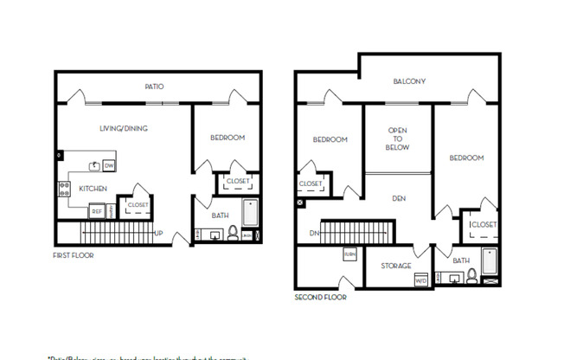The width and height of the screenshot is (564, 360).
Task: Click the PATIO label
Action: pyautogui.click(x=154, y=87)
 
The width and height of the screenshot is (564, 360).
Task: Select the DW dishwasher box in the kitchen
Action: pyautogui.click(x=109, y=165)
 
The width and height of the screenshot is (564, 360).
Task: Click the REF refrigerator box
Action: pyautogui.click(x=97, y=211)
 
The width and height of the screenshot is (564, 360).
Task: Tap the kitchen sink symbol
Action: pyautogui.click(x=93, y=164)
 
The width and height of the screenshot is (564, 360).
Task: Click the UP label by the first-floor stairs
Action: pyautogui.click(x=158, y=233)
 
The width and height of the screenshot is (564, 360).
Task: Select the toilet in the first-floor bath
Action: pyautogui.click(x=233, y=233)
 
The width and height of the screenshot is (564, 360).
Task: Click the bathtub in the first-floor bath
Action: pyautogui.click(x=250, y=215)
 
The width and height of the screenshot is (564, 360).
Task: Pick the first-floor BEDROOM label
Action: pyautogui.click(x=228, y=138)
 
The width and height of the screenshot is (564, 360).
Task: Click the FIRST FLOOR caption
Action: pyautogui.click(x=74, y=255)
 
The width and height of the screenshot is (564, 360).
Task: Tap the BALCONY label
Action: pyautogui.click(x=409, y=82)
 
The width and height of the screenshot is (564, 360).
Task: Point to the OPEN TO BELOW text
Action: pyautogui.click(x=397, y=138)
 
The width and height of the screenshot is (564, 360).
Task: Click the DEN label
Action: pyautogui.click(x=399, y=198)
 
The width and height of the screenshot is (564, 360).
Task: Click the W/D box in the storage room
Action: pyautogui.click(x=421, y=280)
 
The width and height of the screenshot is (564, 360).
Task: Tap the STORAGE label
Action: pyautogui.click(x=396, y=266)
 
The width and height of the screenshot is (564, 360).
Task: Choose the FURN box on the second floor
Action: pyautogui.click(x=350, y=254)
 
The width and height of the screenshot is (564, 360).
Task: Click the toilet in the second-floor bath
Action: pyautogui.click(x=471, y=276)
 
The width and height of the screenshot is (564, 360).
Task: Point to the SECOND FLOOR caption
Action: pyautogui.click(x=321, y=297)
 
